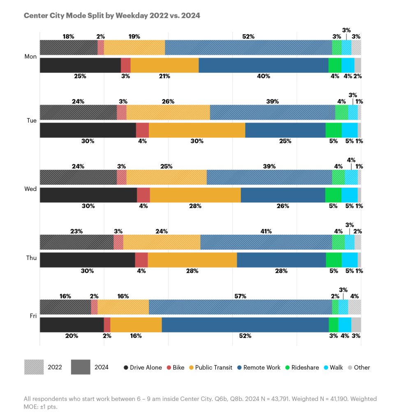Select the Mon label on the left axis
(x=30, y=56)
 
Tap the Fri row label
(x=33, y=316)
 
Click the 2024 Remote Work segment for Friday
(x=245, y=325)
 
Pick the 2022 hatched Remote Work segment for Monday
(x=248, y=47)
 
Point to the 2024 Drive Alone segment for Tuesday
(x=88, y=130)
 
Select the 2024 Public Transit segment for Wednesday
(x=195, y=195)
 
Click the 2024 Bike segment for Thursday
(x=141, y=260)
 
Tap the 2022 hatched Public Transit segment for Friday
(x=123, y=307)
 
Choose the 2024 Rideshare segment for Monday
(x=335, y=66)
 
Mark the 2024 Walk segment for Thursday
(x=350, y=260)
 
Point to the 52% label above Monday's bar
(x=248, y=37)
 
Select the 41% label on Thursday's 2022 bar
(x=266, y=232)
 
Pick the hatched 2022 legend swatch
(x=34, y=367)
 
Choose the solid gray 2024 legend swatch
(x=81, y=367)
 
